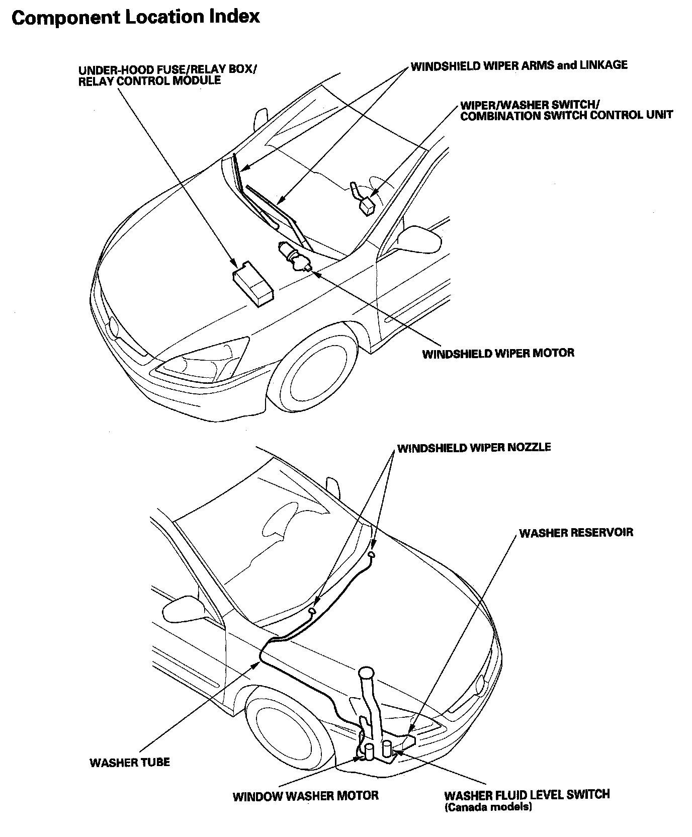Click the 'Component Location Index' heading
click(x=135, y=17)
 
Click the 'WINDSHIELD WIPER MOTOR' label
click(x=498, y=353)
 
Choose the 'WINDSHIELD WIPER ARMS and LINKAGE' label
click(x=519, y=65)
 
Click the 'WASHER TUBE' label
click(x=130, y=762)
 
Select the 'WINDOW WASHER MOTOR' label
click(x=305, y=795)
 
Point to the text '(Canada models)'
click(x=488, y=807)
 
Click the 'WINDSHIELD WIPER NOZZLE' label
click(x=474, y=447)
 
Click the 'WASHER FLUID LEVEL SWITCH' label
click(x=527, y=795)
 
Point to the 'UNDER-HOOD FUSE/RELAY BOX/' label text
click(x=167, y=69)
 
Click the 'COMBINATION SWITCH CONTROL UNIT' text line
click(x=566, y=115)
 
